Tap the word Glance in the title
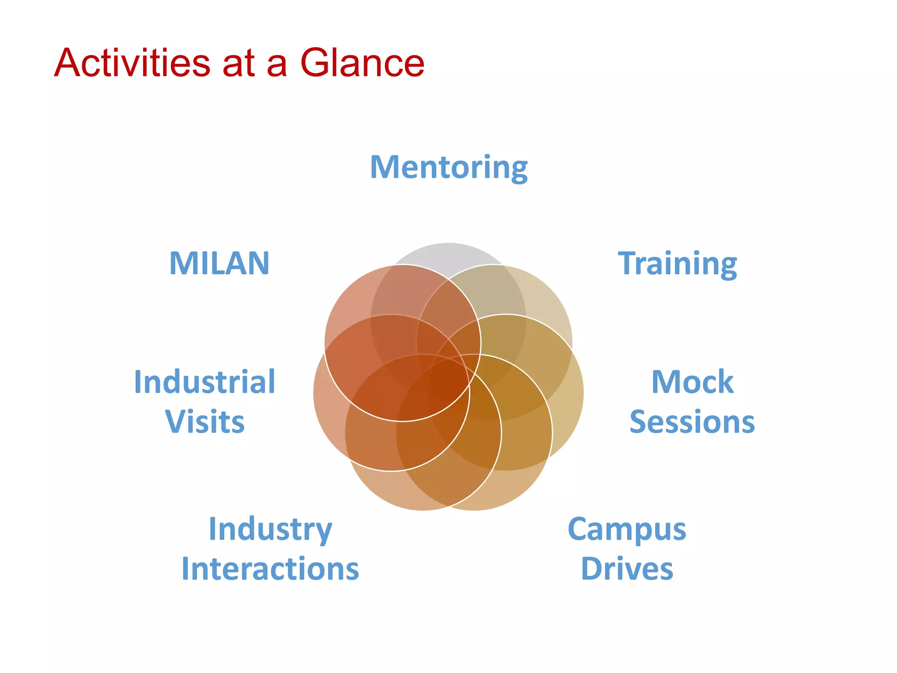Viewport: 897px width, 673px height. [x=362, y=63]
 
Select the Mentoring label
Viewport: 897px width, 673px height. [x=449, y=167]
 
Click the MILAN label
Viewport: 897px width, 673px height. [x=219, y=264]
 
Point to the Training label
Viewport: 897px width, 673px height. [x=677, y=264]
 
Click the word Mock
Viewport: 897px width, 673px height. [x=692, y=382]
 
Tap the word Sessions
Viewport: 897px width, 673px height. [x=692, y=422]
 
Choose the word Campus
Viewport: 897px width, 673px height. [x=627, y=529]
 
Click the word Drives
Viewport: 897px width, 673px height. [x=627, y=569]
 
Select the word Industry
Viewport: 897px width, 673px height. [x=270, y=529]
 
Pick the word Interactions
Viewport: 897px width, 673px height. [x=270, y=569]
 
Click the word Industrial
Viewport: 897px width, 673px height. [x=205, y=382]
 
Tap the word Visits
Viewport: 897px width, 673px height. [x=205, y=422]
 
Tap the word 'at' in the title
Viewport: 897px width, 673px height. [x=239, y=64]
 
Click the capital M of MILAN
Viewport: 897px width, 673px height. [x=180, y=264]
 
